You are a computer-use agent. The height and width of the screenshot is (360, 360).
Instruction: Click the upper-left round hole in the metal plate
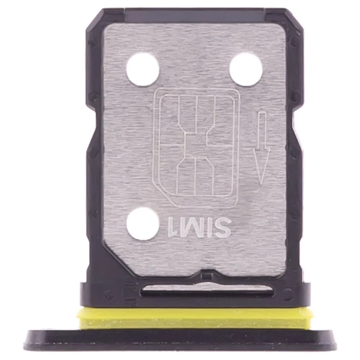pyautogui.click(x=143, y=69)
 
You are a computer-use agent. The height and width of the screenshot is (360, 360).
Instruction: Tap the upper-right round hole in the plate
pyautogui.click(x=246, y=69)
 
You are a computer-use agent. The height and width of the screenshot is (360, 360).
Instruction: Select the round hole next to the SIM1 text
pyautogui.click(x=143, y=223)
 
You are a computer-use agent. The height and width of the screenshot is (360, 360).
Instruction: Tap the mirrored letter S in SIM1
pyautogui.click(x=222, y=228)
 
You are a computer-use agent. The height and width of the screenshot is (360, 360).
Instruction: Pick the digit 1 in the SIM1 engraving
pyautogui.click(x=171, y=228)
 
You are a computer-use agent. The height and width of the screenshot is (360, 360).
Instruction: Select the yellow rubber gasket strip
pyautogui.click(x=195, y=318)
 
